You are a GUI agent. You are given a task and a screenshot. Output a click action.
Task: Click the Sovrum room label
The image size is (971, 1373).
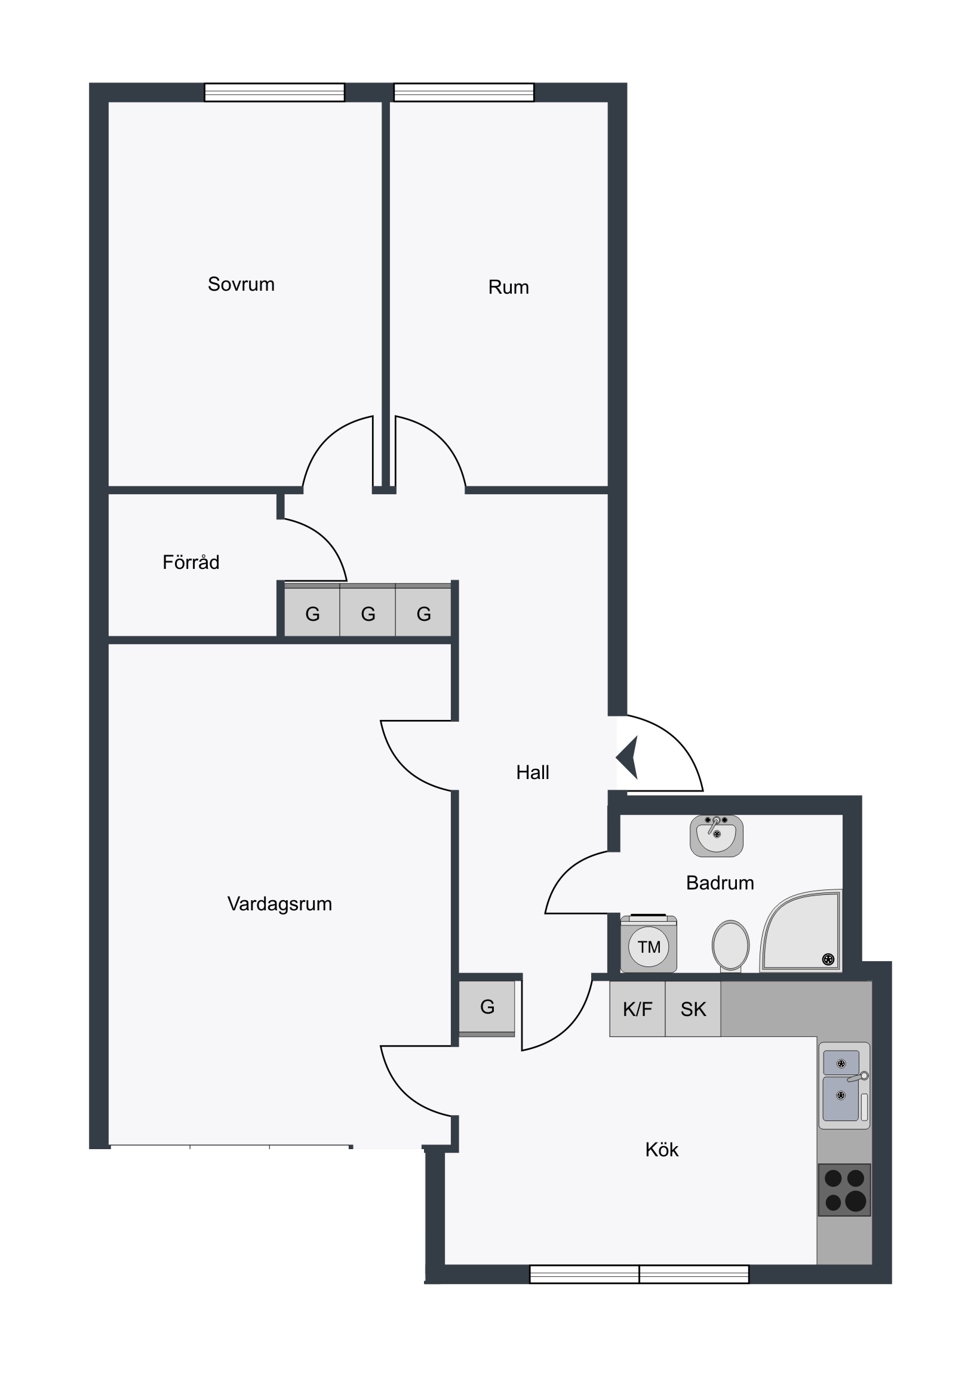pyautogui.click(x=241, y=284)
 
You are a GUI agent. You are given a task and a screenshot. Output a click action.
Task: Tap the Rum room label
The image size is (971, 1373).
pyautogui.click(x=509, y=287)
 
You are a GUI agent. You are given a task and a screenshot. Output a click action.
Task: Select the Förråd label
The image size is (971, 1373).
pyautogui.click(x=191, y=562)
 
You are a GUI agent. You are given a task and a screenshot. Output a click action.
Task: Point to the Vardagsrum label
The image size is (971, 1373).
pyautogui.click(x=279, y=904)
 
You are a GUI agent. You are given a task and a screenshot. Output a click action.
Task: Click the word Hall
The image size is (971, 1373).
pyautogui.click(x=533, y=772)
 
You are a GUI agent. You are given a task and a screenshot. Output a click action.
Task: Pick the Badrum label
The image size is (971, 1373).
pyautogui.click(x=720, y=883)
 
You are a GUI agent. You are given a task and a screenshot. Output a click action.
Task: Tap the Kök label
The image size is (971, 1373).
pyautogui.click(x=662, y=1149)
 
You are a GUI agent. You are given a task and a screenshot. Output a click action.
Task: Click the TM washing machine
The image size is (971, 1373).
pyautogui.click(x=649, y=944)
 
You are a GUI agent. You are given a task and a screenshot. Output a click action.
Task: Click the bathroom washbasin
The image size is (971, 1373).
pyautogui.click(x=717, y=835)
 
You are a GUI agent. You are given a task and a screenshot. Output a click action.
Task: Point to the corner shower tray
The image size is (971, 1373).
pyautogui.click(x=801, y=931)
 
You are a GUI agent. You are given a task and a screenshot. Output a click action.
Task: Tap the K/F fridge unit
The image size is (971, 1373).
pyautogui.click(x=637, y=1009)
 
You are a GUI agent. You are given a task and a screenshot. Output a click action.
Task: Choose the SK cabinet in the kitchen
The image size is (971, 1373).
pyautogui.click(x=693, y=1009)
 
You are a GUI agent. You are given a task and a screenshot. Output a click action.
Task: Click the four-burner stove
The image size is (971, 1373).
pyautogui.click(x=844, y=1190)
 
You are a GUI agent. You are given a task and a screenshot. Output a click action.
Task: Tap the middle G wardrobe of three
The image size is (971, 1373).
pyautogui.click(x=367, y=611)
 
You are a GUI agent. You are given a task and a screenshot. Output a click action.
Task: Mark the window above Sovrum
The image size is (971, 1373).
pyautogui.click(x=275, y=92)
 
